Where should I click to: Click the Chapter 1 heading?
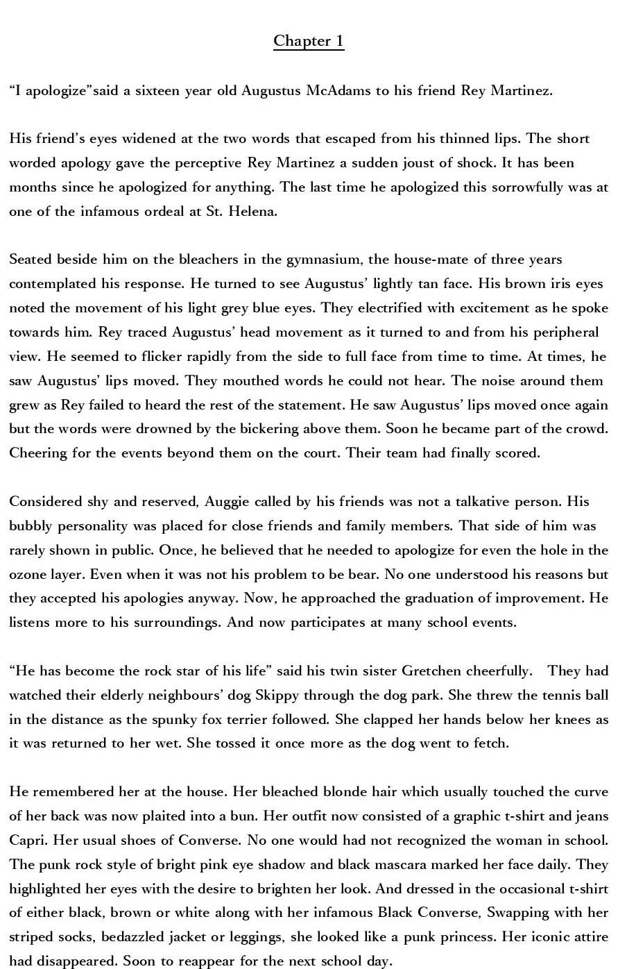(309, 41)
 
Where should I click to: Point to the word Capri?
(27, 841)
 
